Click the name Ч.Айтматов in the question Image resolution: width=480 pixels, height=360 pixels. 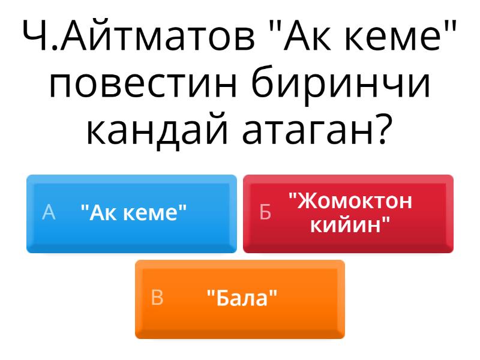coord(139,35)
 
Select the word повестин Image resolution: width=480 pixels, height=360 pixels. coord(143,83)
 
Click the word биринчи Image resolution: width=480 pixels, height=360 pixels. coord(341,83)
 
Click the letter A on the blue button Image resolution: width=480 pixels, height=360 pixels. coord(49,212)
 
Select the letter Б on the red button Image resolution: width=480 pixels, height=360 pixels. coord(265,212)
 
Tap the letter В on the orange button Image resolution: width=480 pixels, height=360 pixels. coord(157,297)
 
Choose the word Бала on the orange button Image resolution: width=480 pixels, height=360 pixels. coord(242,298)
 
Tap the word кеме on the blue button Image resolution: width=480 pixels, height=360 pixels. coord(151,214)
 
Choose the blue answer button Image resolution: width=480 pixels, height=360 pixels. coord(131,214)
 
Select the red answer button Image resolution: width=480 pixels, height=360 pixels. coord(349,214)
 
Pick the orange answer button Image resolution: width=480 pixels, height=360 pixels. coord(240,299)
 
